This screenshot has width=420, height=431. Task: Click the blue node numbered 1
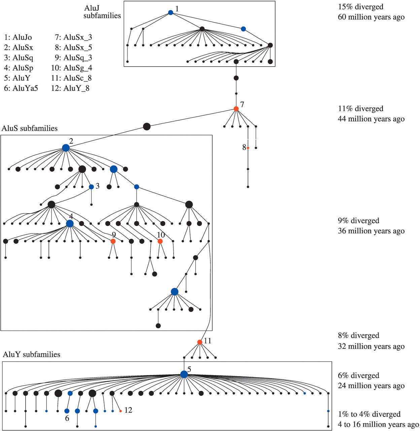[171, 12]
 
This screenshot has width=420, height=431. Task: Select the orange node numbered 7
[236, 109]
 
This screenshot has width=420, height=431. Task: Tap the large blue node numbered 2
[66, 148]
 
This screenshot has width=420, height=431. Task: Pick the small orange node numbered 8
[248, 148]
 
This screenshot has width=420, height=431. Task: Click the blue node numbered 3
[92, 187]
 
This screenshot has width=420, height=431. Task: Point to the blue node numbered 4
[70, 224]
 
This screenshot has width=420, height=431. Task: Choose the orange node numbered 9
[113, 241]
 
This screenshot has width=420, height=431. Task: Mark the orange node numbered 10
[160, 241]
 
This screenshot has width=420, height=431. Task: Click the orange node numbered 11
[200, 342]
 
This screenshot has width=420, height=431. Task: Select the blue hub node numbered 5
[184, 374]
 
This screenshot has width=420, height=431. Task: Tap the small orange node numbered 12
[120, 411]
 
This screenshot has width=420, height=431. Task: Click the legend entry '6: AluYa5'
[21, 88]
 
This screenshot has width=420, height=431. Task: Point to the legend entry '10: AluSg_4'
[71, 68]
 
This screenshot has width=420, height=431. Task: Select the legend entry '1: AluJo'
[18, 37]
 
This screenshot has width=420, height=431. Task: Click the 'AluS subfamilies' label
[29, 128]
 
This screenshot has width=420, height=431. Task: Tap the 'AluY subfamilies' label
[31, 354]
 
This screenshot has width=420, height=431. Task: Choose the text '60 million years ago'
[371, 17]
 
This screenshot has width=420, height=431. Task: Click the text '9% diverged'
[359, 220]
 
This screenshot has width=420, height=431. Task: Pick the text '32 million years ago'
[371, 346]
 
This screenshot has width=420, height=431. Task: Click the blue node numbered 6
[67, 411]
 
